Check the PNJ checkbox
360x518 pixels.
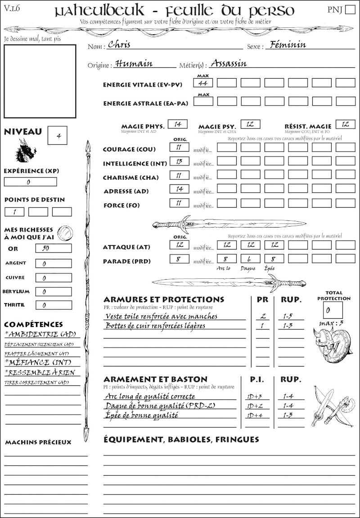pyautogui.click(x=350, y=10)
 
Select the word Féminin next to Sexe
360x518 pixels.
pyautogui.click(x=286, y=45)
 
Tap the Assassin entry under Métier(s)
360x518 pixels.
pyautogui.click(x=229, y=63)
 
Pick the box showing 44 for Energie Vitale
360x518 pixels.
pyautogui.click(x=203, y=83)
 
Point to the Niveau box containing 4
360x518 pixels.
pyautogui.click(x=58, y=135)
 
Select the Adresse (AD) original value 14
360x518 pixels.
pyautogui.click(x=179, y=189)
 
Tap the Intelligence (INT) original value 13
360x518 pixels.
pyautogui.click(x=179, y=161)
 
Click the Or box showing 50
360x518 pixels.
pyautogui.click(x=53, y=248)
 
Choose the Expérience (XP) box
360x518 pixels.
pyautogui.click(x=31, y=182)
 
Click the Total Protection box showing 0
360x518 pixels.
pyautogui.click(x=333, y=310)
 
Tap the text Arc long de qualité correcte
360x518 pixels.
pyautogui.click(x=150, y=397)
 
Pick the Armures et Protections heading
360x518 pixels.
pyautogui.click(x=164, y=299)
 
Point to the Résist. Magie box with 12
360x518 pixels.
pyautogui.click(x=345, y=124)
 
